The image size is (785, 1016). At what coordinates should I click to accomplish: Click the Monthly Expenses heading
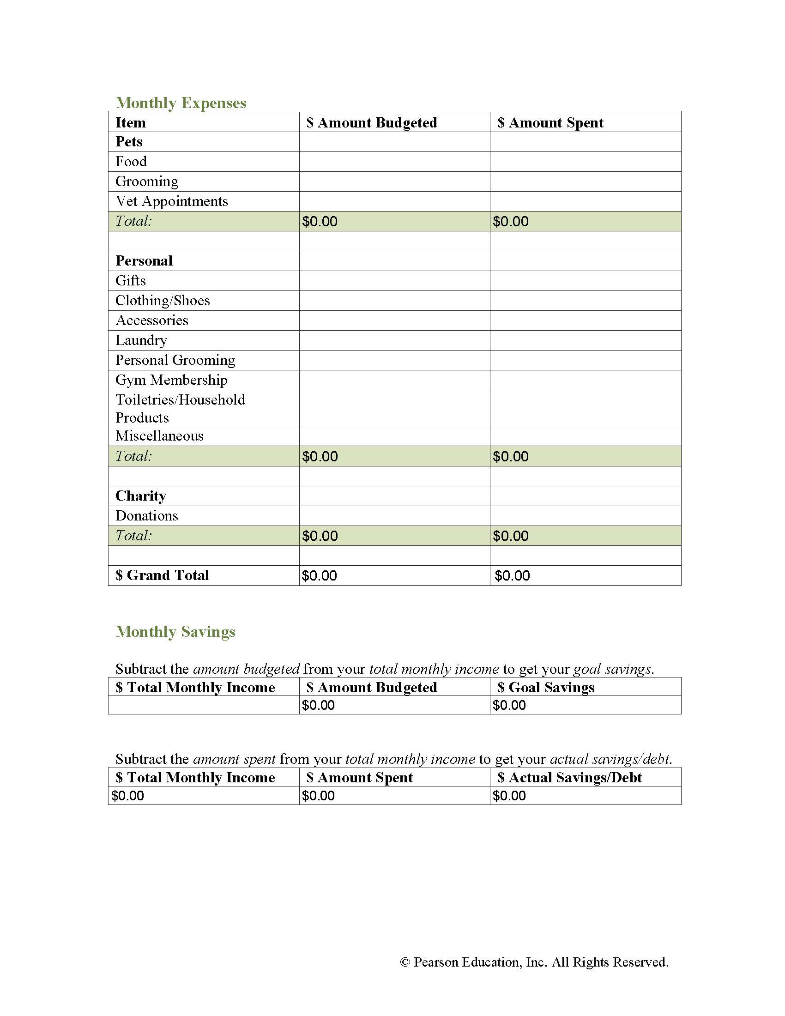tap(181, 103)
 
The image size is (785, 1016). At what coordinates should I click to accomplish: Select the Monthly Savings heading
tap(175, 632)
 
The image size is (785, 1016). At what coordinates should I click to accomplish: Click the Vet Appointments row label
tap(172, 201)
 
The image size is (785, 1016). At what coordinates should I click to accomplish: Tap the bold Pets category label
tap(129, 142)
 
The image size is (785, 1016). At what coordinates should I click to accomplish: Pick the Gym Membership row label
tap(171, 380)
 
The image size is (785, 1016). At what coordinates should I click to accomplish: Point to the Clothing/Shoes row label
tap(163, 301)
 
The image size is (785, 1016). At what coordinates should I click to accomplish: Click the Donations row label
tap(146, 516)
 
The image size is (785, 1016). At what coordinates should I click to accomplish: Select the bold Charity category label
tap(140, 496)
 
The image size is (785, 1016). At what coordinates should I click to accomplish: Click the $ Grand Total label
tap(162, 575)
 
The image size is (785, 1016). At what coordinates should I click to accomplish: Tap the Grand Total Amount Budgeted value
tap(320, 576)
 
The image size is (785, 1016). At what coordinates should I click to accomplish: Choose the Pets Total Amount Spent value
tap(511, 221)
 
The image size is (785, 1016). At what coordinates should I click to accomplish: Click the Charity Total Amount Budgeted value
tap(320, 536)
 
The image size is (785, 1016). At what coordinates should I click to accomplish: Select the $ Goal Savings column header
tap(546, 688)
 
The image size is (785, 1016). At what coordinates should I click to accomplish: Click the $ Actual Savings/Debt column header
tap(570, 778)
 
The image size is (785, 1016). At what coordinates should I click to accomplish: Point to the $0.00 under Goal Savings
tap(509, 706)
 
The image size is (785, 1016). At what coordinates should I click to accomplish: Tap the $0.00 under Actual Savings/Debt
tap(509, 796)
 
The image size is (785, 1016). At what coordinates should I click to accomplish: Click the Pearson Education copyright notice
tap(534, 962)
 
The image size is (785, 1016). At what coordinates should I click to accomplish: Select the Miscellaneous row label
tap(159, 436)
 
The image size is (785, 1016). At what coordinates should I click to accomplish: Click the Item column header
tap(131, 123)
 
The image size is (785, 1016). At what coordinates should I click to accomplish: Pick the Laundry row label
tap(141, 340)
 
